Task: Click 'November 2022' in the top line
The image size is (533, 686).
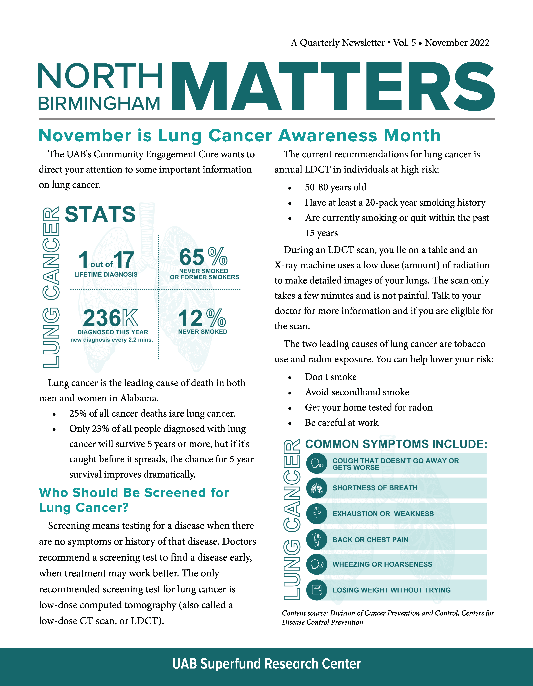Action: [457, 43]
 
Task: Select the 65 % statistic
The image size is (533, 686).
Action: [203, 257]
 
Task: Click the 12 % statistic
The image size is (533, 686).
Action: [202, 318]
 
